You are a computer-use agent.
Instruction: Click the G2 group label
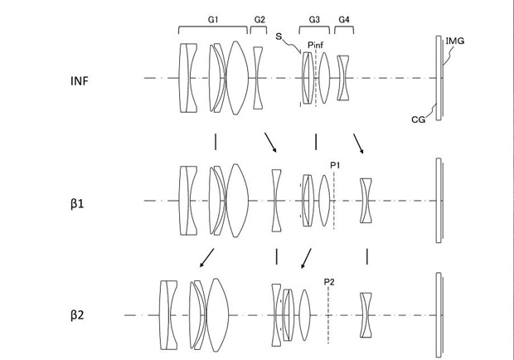coord(259,17)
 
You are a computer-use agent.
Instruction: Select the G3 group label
coord(314,17)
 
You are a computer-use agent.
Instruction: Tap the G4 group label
coord(344,17)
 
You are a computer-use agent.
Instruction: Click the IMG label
coord(454,39)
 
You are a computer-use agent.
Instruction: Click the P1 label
coord(335,166)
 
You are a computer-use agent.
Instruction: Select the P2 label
coord(329,281)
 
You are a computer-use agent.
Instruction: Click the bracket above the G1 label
coord(213,29)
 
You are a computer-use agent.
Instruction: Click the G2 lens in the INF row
coord(258,78)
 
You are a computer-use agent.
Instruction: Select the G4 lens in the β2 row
coord(366,315)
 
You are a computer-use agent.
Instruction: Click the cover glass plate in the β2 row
coord(438,315)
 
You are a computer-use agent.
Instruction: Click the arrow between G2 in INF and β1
coord(270,142)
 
